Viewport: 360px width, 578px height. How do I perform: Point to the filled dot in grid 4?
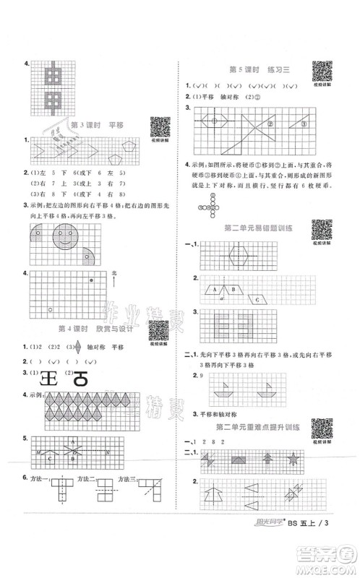(x=90, y=279)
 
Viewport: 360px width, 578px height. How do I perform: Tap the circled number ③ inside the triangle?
(x=304, y=124)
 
